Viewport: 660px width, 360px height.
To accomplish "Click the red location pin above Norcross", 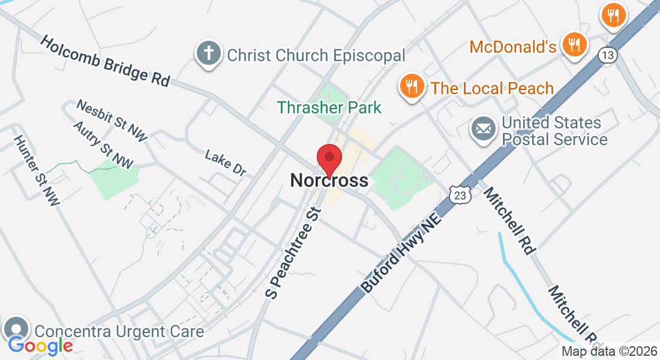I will pos(329,158).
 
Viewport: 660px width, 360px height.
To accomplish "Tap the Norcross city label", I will pos(329,180).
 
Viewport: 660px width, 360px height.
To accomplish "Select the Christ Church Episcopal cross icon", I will pos(208,55).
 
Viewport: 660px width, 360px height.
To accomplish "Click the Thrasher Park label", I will pos(329,108).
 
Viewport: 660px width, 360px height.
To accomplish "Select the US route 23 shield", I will pos(459,194).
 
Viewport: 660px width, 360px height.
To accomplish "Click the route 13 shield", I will pos(608,55).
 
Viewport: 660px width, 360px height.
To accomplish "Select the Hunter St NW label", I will pos(37,170).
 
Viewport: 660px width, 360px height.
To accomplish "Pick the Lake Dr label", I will pos(226,163).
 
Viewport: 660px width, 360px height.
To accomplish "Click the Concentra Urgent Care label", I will pos(119,331).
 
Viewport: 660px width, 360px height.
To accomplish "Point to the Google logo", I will pos(41,345).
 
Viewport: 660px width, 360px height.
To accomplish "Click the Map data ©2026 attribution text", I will pos(609,351).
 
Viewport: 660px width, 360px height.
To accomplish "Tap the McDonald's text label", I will pos(513,47).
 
